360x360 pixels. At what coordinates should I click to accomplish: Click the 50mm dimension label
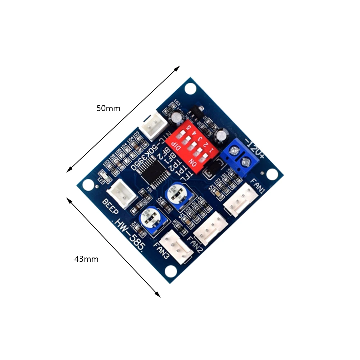click(x=108, y=108)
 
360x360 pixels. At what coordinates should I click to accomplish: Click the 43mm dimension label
click(x=86, y=259)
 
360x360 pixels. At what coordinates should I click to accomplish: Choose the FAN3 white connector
click(x=176, y=247)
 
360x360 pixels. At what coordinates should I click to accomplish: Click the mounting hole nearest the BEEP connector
click(x=87, y=184)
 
